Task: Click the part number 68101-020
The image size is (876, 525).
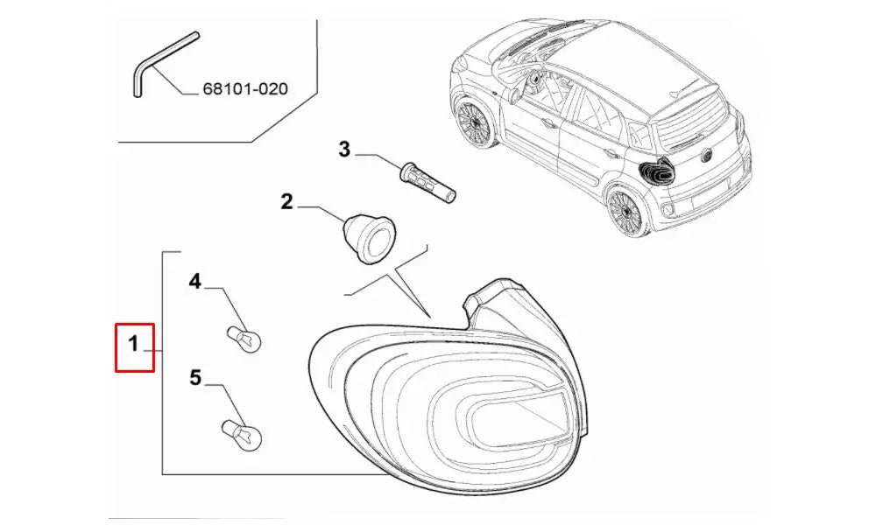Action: point(245,88)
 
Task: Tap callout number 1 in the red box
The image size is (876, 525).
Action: point(133,344)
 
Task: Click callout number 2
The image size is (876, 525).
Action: point(286,201)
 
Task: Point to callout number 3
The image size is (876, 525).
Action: point(344,150)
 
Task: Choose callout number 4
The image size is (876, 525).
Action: point(194,282)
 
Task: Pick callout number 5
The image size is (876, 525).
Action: point(194,378)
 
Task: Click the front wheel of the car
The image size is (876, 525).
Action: point(474,122)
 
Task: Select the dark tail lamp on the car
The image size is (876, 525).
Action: point(657,171)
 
